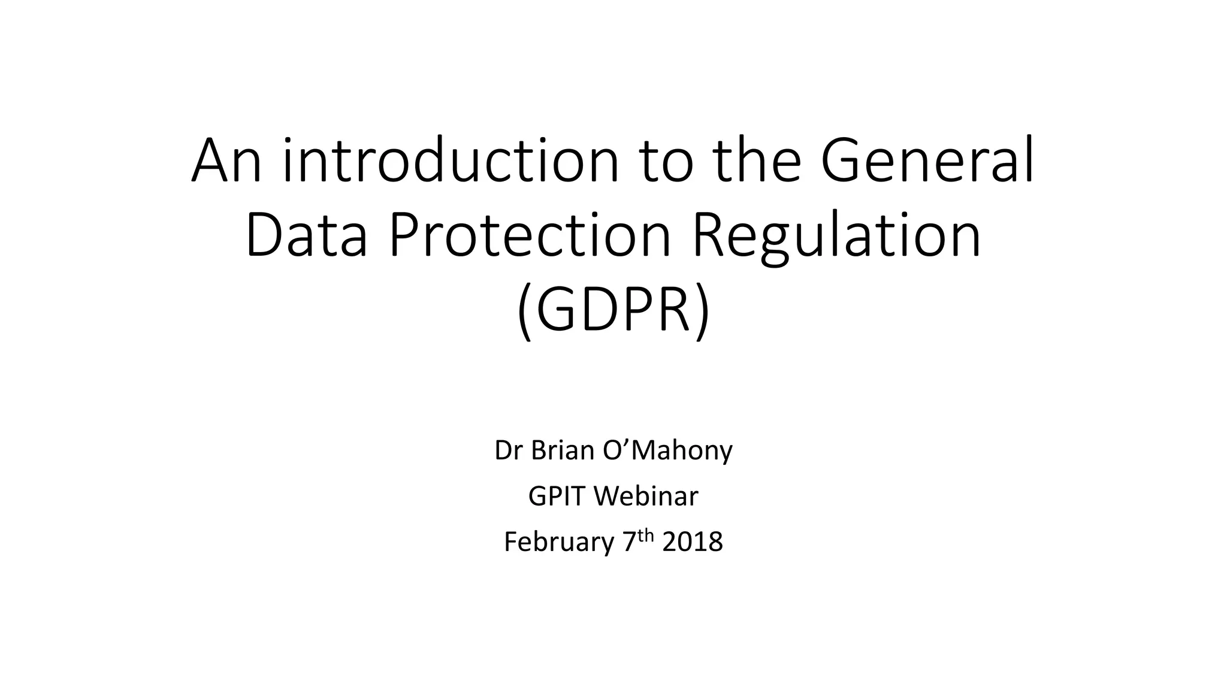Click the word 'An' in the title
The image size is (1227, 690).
(x=226, y=162)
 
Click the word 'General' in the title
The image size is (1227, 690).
(x=927, y=162)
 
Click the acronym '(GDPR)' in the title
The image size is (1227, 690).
(x=613, y=311)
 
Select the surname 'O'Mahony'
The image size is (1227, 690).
(x=667, y=450)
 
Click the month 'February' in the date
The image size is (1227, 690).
(x=559, y=542)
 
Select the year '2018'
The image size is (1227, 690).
(x=693, y=542)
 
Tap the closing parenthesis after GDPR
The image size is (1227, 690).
(x=702, y=313)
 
